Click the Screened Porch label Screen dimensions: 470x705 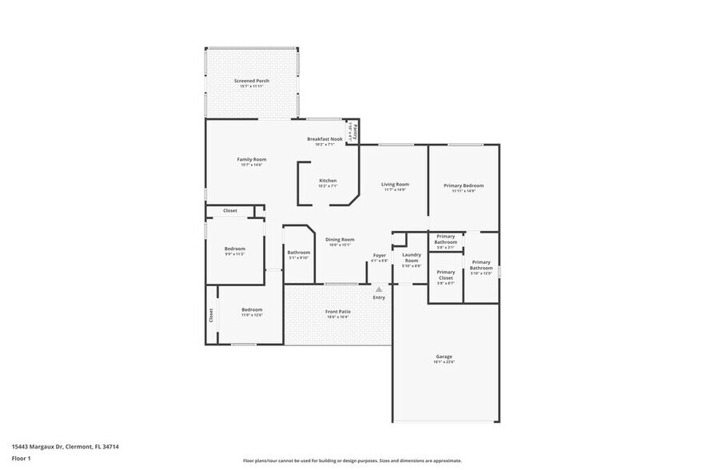[251, 81]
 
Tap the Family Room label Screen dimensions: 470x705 [251, 159]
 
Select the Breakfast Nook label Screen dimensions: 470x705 [325, 139]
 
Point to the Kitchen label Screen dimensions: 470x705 [328, 180]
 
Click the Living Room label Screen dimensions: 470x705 [395, 185]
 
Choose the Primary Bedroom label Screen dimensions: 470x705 [464, 185]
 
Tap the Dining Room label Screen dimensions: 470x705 [340, 239]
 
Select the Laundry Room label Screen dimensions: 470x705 [412, 257]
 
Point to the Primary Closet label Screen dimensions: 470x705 [446, 275]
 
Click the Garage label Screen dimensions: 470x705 [444, 356]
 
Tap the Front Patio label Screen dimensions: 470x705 [338, 312]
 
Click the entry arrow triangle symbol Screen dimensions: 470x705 [379, 289]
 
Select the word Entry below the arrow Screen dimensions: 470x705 [379, 297]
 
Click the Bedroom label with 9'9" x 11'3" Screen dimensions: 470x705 [234, 248]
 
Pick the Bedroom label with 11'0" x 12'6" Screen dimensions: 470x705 [252, 309]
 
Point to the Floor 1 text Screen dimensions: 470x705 [21, 459]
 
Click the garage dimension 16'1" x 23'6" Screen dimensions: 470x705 [444, 362]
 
